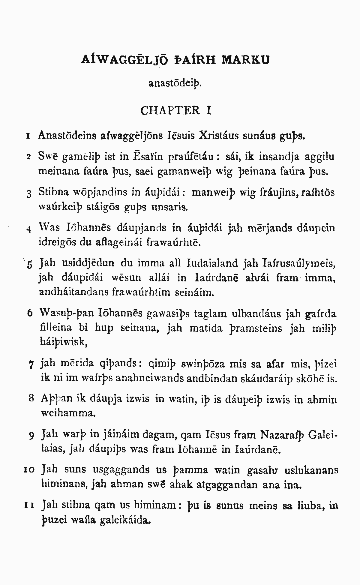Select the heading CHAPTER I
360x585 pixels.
coord(175,110)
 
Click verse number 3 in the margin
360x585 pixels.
coord(29,194)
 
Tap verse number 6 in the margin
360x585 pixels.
coord(29,313)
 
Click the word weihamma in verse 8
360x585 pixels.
coord(68,413)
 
